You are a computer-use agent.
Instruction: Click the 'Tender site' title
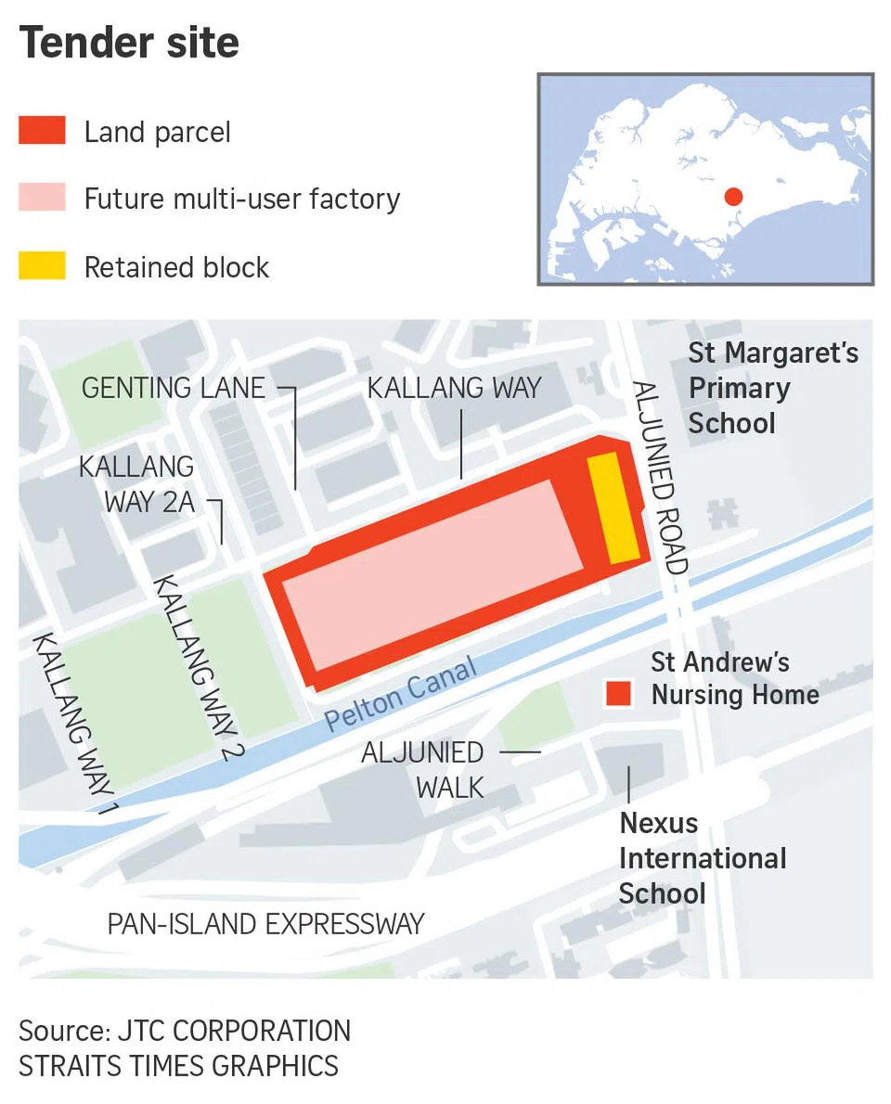[x=129, y=43]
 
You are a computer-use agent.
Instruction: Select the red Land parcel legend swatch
[x=42, y=131]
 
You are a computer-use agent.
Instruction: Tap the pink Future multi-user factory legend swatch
[x=42, y=198]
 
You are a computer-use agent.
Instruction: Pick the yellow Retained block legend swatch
[x=42, y=266]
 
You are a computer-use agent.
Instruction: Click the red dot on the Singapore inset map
[x=733, y=196]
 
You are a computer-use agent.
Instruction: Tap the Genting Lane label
[x=174, y=387]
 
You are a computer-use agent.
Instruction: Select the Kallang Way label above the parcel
[x=454, y=387]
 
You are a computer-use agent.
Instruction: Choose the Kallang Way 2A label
[x=136, y=483]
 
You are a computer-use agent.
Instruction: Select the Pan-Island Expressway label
[x=265, y=924]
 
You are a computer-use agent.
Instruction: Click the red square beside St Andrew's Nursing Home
[x=617, y=693]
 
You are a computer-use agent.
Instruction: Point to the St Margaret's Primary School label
[x=772, y=388]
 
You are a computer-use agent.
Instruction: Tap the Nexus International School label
[x=702, y=858]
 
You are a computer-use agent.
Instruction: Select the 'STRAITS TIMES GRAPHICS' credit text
[x=178, y=1065]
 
